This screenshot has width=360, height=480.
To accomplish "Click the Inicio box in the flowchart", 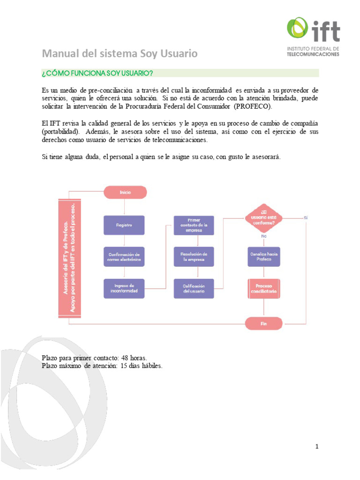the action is click(x=125, y=192).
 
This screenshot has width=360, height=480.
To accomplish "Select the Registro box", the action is click(x=124, y=225).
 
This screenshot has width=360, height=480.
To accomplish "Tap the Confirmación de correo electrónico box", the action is click(x=124, y=257).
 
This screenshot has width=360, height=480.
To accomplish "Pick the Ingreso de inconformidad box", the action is click(x=124, y=288).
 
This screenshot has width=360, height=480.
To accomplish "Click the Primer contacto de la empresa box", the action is click(x=194, y=225).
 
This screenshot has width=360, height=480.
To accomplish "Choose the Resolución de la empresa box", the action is click(x=194, y=257).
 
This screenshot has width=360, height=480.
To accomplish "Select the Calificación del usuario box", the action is click(x=194, y=288).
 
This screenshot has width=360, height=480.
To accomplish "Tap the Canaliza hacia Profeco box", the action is click(x=264, y=257).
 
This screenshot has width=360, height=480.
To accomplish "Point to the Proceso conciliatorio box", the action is click(x=264, y=288).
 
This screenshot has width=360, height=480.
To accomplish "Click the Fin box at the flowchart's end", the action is click(x=264, y=323).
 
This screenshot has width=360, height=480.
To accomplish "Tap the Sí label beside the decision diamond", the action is click(x=306, y=217).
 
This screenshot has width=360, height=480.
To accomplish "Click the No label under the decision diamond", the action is click(x=264, y=237).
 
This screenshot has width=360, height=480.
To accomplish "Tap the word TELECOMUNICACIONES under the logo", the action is click(x=313, y=54).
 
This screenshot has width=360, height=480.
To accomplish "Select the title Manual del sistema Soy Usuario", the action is click(x=120, y=53).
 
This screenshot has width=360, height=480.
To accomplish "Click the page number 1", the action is click(x=317, y=447).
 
